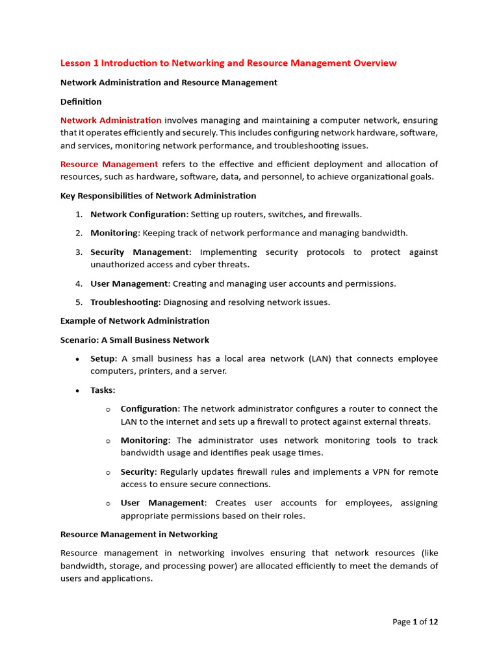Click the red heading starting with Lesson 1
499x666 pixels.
[x=228, y=63]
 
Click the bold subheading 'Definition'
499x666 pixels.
[x=81, y=101]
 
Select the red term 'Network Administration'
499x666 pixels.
[x=111, y=120]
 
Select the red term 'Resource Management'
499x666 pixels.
[x=109, y=164]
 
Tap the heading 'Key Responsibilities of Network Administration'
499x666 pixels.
[x=158, y=196]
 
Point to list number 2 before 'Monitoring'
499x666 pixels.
[x=78, y=233]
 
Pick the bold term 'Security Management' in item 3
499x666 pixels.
[x=140, y=252]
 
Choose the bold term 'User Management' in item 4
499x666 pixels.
[x=129, y=284]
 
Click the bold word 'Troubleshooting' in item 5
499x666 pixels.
[x=125, y=302]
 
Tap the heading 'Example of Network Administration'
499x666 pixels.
[x=134, y=321]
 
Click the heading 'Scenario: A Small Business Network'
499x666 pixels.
[x=134, y=340]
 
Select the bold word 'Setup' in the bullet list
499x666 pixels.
[x=103, y=358]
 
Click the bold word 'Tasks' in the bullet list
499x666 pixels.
[x=102, y=390]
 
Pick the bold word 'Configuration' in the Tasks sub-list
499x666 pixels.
[x=149, y=408]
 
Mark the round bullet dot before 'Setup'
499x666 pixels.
[x=78, y=359]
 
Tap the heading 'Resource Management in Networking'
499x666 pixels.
[x=138, y=534]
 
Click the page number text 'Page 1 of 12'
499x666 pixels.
[x=415, y=622]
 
